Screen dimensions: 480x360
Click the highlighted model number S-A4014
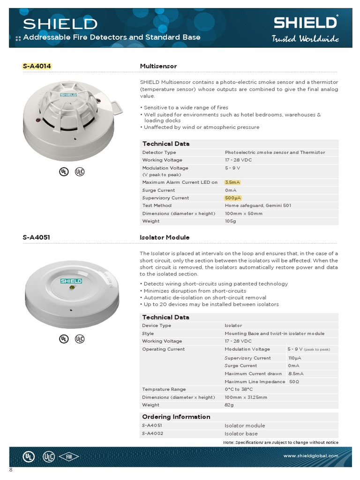(37, 66)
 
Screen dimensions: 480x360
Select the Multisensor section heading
(158, 66)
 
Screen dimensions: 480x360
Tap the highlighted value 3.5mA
(232, 182)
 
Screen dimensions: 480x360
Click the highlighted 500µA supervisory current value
(233, 198)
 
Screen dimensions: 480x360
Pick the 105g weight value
(230, 221)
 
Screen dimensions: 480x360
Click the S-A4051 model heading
(36, 237)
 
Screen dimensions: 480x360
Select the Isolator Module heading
(165, 237)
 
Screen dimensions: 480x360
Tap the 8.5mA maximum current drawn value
(296, 374)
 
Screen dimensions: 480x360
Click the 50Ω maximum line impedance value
(294, 382)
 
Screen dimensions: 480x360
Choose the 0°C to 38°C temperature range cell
(239, 389)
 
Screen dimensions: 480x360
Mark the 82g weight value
(229, 405)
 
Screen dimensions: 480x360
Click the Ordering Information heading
(176, 417)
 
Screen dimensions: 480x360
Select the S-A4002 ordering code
(152, 434)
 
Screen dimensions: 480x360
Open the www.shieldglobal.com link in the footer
(310, 456)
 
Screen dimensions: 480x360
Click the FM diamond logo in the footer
(68, 457)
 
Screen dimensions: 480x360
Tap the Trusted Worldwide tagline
(305, 39)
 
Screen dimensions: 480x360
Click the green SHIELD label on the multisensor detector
(69, 95)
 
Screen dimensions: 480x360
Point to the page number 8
(11, 470)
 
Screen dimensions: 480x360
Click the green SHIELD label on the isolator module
(71, 281)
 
